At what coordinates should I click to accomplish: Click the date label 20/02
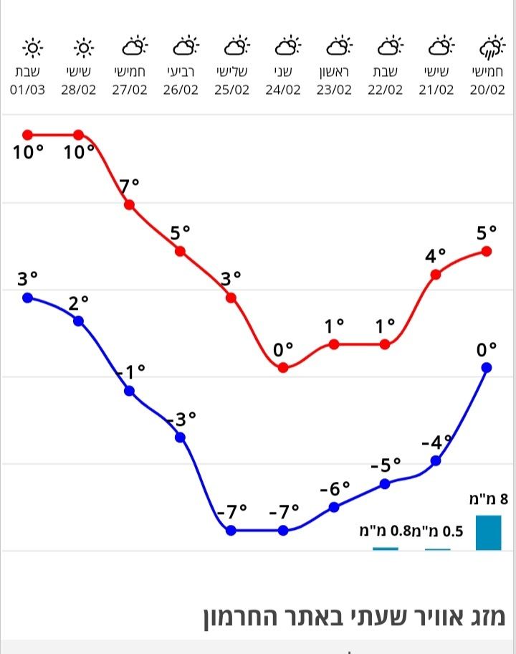487,90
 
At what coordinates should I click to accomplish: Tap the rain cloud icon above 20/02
489,49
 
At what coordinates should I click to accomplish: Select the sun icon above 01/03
32,49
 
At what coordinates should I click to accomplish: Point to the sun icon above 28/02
84,49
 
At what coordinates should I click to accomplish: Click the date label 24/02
283,90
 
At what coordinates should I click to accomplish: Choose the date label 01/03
28,90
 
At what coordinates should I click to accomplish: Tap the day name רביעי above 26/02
181,72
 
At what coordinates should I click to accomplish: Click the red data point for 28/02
79,135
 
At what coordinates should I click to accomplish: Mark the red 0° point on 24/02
283,367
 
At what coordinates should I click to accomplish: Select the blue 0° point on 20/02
487,367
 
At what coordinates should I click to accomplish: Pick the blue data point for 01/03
28,298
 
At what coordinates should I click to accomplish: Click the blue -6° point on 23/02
334,507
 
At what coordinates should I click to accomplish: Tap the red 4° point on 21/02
436,274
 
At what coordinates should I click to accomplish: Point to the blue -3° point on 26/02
181,437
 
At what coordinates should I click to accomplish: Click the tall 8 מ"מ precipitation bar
489,532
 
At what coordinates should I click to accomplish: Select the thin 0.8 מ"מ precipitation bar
386,549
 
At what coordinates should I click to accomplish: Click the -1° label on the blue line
130,371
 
